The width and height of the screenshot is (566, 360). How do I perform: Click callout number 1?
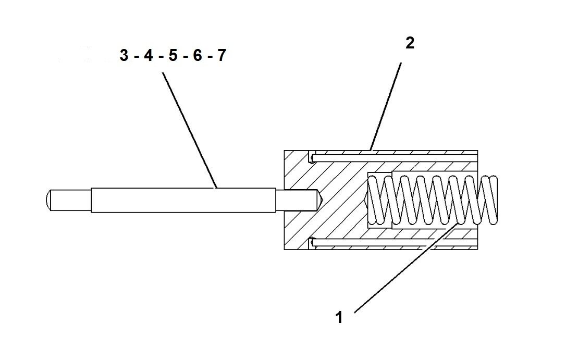(x=339, y=317)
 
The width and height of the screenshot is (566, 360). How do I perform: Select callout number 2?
(x=410, y=44)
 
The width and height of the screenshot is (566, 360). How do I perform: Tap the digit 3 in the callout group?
(x=125, y=56)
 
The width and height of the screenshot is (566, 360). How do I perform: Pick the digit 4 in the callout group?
(x=149, y=56)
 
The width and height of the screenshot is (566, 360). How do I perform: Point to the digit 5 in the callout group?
(x=173, y=56)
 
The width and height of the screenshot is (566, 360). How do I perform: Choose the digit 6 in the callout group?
(x=197, y=56)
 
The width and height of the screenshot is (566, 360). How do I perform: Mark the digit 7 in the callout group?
(x=221, y=56)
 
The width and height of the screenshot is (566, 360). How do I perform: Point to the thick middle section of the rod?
(x=182, y=200)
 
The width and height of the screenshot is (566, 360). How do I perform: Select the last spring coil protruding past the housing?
(x=490, y=201)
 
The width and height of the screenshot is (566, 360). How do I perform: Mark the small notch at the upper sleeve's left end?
(x=312, y=157)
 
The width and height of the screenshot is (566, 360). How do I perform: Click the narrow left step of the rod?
(x=70, y=200)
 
